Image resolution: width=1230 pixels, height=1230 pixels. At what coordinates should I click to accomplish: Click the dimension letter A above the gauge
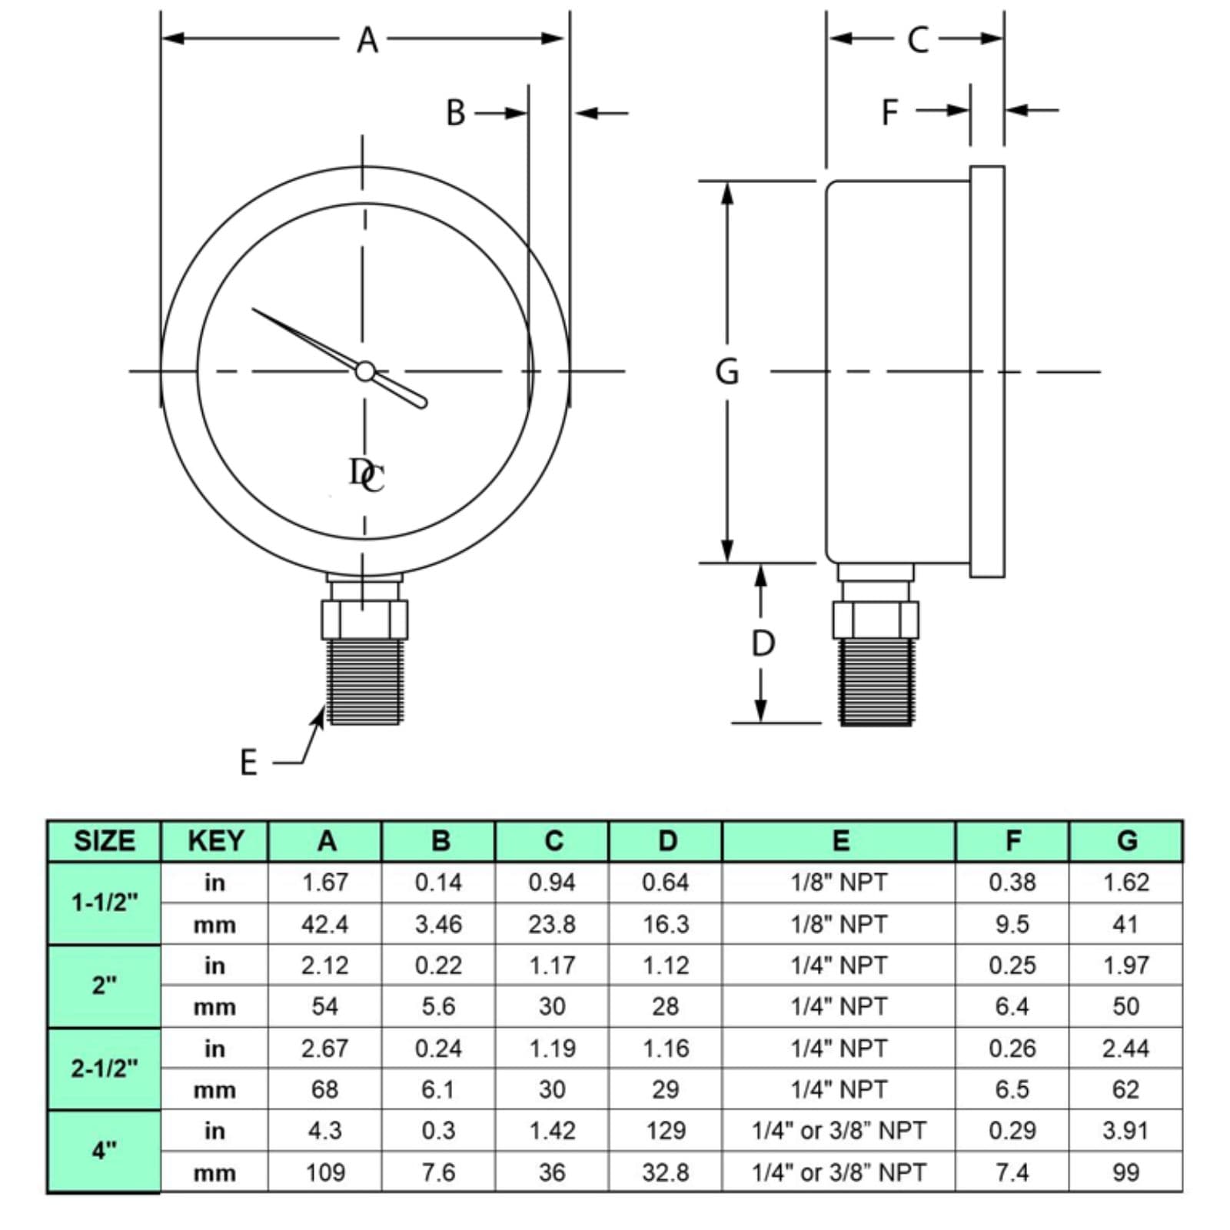[x=367, y=39]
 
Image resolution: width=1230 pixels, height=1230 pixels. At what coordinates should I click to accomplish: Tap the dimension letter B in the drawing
[x=455, y=113]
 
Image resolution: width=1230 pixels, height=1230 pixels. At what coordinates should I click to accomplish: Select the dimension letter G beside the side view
[x=727, y=371]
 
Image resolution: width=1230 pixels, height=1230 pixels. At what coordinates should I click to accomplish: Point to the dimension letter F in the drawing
[x=889, y=112]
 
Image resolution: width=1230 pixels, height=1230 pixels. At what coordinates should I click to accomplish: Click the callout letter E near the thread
[x=248, y=763]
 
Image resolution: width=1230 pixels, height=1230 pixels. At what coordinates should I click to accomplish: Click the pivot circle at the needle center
[x=364, y=371]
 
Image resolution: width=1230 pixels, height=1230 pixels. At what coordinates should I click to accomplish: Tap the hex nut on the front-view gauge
[x=364, y=620]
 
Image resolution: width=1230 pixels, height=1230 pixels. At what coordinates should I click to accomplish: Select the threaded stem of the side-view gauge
[x=876, y=681]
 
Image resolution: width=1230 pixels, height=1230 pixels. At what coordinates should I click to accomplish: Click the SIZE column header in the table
[x=105, y=841]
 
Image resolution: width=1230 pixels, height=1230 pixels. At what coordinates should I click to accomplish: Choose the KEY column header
[x=216, y=841]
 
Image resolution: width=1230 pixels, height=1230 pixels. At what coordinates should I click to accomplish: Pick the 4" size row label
[x=105, y=1151]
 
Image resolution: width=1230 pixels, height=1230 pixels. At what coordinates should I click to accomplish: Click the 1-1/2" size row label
[x=105, y=902]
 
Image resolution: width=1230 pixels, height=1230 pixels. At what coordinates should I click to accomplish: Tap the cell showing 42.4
[x=324, y=924]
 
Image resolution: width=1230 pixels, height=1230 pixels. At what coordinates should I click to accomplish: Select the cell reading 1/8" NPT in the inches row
[x=839, y=882]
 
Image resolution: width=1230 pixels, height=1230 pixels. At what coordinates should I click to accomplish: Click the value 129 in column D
[x=666, y=1130]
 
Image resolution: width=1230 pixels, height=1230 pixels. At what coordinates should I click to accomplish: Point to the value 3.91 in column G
[x=1125, y=1130]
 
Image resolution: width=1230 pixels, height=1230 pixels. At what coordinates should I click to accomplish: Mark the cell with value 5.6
[x=438, y=1006]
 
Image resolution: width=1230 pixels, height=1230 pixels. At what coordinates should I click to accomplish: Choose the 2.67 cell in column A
[x=324, y=1048]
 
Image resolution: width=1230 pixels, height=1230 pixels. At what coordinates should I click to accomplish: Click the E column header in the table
[x=840, y=841]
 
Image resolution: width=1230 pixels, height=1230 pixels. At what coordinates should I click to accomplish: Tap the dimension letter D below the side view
[x=763, y=643]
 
